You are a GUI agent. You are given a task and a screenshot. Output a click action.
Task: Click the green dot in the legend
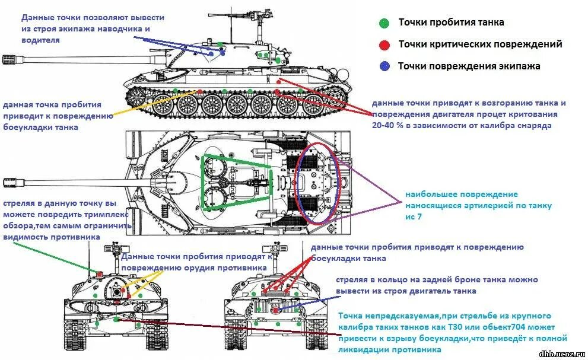click(384, 23)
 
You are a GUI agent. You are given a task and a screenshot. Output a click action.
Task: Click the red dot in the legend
click(384, 44)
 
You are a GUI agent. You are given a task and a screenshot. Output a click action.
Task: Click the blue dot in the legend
click(384, 66)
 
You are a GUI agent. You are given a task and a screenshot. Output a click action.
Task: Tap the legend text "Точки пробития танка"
click(451, 23)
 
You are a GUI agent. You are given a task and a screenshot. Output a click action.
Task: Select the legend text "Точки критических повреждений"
click(480, 44)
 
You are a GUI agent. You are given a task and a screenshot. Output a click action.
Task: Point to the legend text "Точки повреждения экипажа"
click(469, 66)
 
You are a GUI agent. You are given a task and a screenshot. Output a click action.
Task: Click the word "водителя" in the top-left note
click(41, 40)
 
